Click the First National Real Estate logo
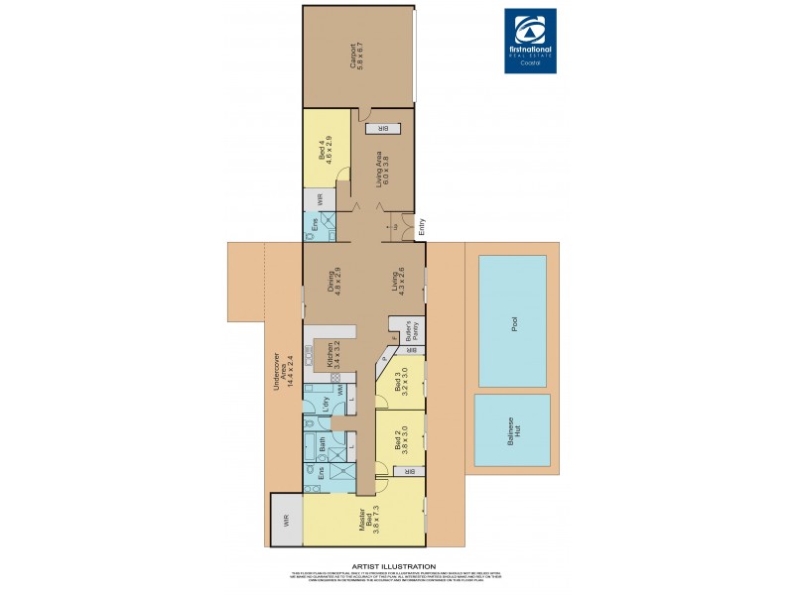pyautogui.click(x=531, y=41)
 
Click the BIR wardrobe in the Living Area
pyautogui.click(x=380, y=128)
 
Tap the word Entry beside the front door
pyautogui.click(x=421, y=226)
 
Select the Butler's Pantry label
pyautogui.click(x=406, y=329)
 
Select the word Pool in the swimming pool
pyautogui.click(x=513, y=323)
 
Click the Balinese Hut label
pyautogui.click(x=511, y=430)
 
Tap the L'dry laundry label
pyautogui.click(x=326, y=404)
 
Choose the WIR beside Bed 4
pyautogui.click(x=321, y=197)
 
